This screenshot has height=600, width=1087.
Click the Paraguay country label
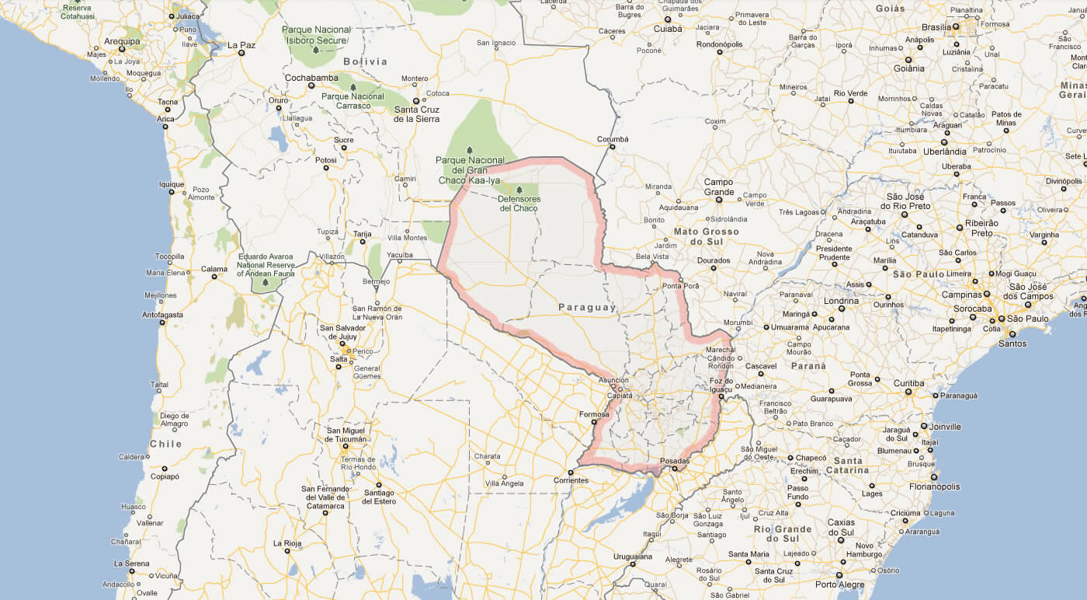(x=586, y=308)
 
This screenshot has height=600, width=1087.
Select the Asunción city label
(x=613, y=379)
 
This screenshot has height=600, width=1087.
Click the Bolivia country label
(x=365, y=61)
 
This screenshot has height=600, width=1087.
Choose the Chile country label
(x=165, y=445)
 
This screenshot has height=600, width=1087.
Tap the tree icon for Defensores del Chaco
(x=519, y=190)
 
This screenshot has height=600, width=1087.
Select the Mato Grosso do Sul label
(x=707, y=236)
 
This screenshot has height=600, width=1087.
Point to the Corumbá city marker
(x=613, y=147)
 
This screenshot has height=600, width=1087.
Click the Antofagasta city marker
(x=162, y=323)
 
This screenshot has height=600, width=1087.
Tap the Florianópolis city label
(x=934, y=487)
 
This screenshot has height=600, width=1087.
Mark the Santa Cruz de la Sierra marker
(x=416, y=100)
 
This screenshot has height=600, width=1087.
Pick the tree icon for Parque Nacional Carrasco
(x=352, y=87)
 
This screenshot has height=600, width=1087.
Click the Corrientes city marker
(x=570, y=472)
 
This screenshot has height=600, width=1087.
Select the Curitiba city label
(x=908, y=383)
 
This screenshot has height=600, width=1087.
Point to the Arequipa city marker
(x=121, y=50)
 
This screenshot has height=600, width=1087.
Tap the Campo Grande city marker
(x=719, y=200)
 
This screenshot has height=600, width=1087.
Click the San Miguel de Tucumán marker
(x=346, y=446)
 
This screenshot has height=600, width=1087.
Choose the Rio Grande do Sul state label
(x=782, y=534)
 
